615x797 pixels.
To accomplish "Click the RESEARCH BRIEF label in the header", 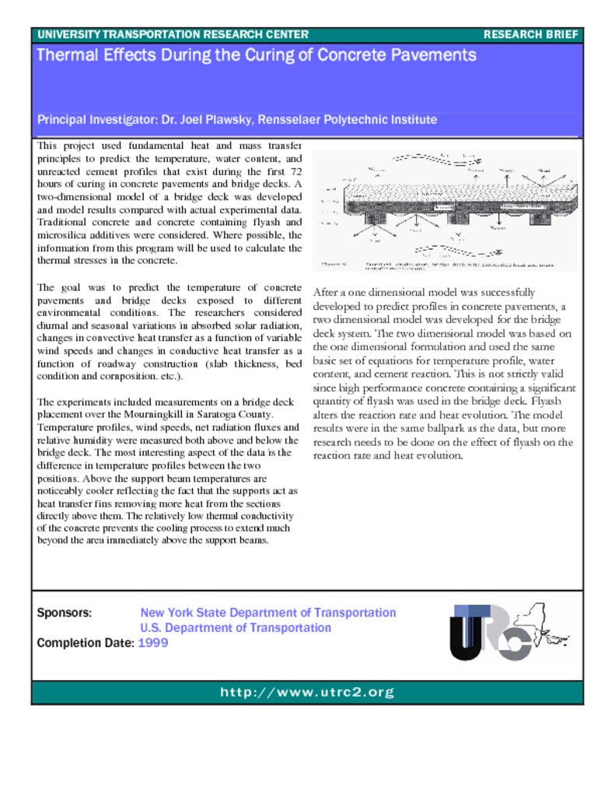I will coord(530,35).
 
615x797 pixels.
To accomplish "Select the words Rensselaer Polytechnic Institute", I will coord(357,120).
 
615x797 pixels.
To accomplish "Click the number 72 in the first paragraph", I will coord(295,170).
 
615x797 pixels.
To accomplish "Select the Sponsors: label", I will coord(65,613).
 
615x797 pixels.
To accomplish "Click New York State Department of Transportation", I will coord(267,613).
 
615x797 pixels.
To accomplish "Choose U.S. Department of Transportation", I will coord(235,628).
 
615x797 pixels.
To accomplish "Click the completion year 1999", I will coord(152,643).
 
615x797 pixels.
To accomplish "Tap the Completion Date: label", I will coord(86,643).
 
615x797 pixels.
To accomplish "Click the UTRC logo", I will coord(490,632).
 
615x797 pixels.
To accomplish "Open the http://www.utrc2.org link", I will coord(307,692).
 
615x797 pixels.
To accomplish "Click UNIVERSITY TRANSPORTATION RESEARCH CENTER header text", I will coord(173,35).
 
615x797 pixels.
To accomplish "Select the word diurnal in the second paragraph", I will coord(54,325).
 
